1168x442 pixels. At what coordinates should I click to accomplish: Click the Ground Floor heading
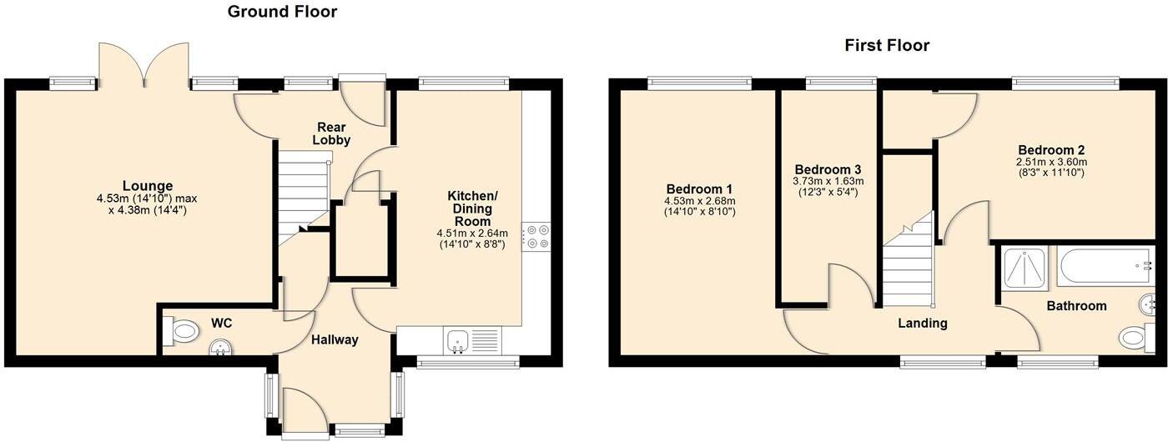point(282,12)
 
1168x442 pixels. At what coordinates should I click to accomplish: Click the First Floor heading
point(887,45)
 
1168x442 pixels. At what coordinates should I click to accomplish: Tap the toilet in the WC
point(184,332)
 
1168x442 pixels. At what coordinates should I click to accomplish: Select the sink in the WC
point(221,347)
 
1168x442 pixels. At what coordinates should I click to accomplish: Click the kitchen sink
point(458,339)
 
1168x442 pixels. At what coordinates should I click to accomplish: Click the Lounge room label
point(148,186)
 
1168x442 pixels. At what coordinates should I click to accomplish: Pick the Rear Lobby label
point(331,133)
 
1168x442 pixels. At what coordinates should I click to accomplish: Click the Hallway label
point(335,339)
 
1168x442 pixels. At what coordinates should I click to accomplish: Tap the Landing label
point(922,323)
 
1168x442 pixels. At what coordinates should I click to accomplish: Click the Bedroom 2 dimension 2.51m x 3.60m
point(1051,162)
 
